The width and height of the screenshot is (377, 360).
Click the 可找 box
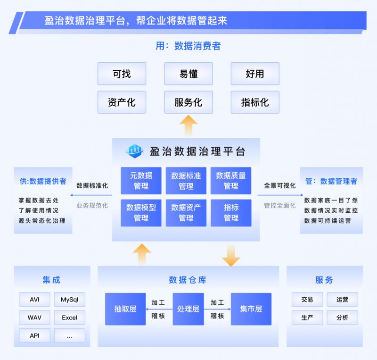(122, 74)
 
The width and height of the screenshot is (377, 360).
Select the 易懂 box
(188, 74)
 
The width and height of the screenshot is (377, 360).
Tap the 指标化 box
(255, 102)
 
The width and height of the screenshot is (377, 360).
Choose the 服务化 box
(188, 102)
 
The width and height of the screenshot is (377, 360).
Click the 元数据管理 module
(141, 181)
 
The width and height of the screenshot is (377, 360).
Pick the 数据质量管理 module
(231, 181)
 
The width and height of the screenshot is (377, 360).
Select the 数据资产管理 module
(186, 212)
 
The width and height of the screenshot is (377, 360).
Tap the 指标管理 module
(231, 212)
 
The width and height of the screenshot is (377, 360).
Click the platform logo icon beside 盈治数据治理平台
(134, 151)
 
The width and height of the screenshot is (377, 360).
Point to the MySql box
(70, 300)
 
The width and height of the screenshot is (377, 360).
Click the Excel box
(70, 318)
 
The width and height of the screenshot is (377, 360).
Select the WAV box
(34, 318)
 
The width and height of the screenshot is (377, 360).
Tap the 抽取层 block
(125, 309)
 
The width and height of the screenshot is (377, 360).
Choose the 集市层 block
(251, 309)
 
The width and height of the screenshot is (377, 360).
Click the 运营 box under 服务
(342, 300)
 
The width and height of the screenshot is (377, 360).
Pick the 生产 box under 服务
(307, 318)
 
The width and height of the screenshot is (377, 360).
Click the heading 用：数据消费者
(188, 46)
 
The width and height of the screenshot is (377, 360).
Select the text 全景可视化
(280, 185)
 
